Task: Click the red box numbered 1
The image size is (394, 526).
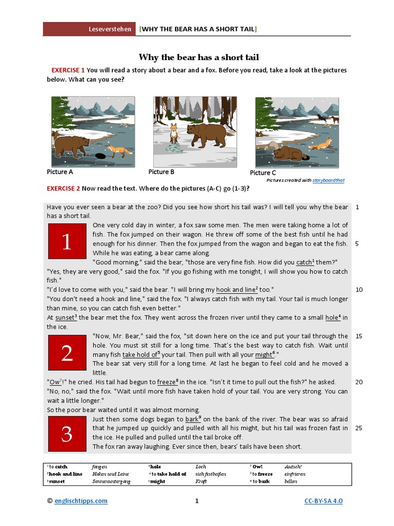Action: [x=67, y=241]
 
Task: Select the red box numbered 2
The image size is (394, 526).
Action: [x=67, y=353]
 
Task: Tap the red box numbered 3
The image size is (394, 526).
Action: [x=67, y=434]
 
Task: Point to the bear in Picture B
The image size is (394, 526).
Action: [x=206, y=135]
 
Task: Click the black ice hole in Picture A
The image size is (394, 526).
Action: [x=100, y=156]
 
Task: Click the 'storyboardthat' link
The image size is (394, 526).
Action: [x=328, y=180]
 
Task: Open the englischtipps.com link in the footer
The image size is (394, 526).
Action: [x=81, y=501]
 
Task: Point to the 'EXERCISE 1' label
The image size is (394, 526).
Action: [x=68, y=70]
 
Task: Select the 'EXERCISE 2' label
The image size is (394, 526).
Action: [x=64, y=189]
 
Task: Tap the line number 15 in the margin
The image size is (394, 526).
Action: [x=359, y=336]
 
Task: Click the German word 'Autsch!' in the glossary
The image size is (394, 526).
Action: [x=294, y=466]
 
